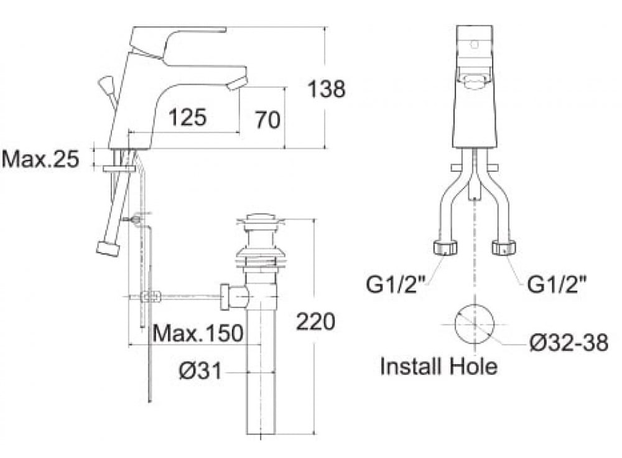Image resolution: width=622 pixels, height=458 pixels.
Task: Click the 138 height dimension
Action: (x=327, y=89)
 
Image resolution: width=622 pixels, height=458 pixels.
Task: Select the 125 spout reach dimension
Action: (x=187, y=116)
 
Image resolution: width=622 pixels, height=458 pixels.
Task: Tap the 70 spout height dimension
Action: (x=267, y=119)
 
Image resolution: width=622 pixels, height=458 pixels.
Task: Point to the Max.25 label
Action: (x=40, y=159)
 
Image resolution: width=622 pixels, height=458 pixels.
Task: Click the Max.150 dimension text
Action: (x=198, y=334)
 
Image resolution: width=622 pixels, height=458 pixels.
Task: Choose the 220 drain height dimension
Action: (x=315, y=321)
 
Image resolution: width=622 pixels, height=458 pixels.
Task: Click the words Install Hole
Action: (x=439, y=367)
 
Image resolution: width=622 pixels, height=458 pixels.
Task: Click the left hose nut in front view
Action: (x=443, y=248)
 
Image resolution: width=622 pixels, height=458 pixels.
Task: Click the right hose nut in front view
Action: (x=506, y=248)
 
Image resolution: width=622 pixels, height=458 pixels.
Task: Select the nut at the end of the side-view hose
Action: (x=106, y=248)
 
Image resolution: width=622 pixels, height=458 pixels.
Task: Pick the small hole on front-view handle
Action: (x=476, y=45)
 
